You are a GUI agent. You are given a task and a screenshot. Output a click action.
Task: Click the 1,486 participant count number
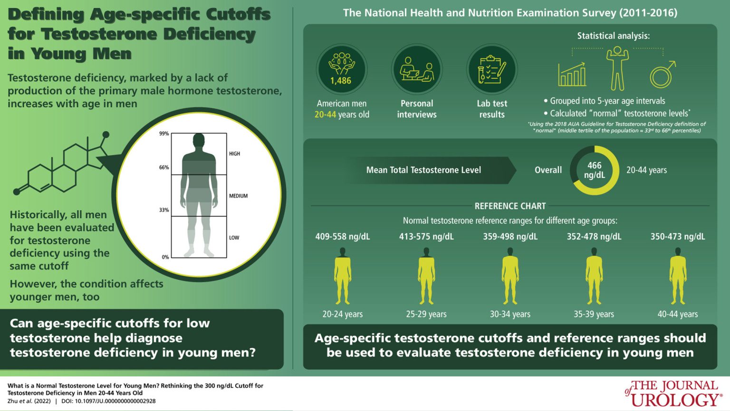click(341, 80)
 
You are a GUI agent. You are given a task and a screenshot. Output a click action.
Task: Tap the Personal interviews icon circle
click(417, 69)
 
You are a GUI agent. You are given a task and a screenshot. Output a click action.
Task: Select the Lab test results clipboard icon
click(492, 69)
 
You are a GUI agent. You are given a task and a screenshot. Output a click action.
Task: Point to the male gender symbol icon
click(663, 74)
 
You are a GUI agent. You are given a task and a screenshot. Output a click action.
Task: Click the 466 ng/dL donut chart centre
click(595, 170)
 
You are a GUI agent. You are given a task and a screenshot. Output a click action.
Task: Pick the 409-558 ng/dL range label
click(343, 237)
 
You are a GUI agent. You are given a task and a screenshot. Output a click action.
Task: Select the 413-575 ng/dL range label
click(426, 237)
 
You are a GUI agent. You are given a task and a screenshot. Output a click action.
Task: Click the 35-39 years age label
click(594, 314)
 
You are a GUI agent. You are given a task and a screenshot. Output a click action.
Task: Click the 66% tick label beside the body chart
click(164, 168)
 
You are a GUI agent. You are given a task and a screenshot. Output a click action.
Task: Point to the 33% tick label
click(164, 210)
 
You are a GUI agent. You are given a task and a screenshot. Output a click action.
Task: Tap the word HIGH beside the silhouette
click(234, 154)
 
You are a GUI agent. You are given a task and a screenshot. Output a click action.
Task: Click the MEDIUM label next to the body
click(238, 196)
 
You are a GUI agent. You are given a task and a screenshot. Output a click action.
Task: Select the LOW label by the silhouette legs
click(234, 238)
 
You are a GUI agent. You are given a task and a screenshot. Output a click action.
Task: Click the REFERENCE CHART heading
click(510, 206)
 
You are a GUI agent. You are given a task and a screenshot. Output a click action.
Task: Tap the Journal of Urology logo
click(672, 393)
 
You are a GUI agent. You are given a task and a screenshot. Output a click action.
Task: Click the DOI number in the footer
click(108, 401)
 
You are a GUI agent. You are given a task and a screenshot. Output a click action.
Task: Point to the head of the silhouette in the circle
click(199, 141)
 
